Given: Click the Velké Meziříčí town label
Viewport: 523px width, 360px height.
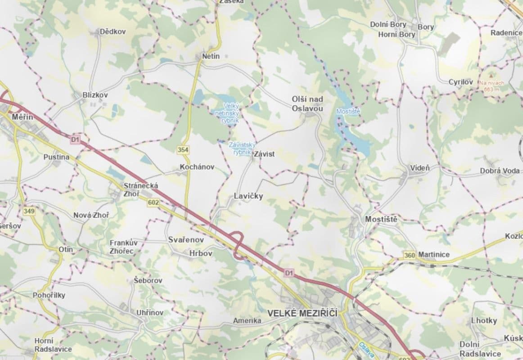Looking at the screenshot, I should click(x=302, y=312).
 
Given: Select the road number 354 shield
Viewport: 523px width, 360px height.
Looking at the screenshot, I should click(x=183, y=149).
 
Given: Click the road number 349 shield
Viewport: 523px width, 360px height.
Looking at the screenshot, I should click(x=29, y=210).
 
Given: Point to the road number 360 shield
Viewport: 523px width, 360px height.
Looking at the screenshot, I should click(x=409, y=255).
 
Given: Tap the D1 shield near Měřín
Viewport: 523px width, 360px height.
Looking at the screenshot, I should click(x=74, y=140).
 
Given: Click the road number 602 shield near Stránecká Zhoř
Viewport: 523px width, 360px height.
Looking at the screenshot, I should click(x=153, y=203).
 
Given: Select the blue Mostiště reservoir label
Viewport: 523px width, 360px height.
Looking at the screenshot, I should click(x=348, y=111).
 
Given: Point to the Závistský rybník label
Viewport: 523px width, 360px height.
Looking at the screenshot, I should click(x=242, y=148).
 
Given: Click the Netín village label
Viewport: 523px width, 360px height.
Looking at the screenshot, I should click(x=211, y=56).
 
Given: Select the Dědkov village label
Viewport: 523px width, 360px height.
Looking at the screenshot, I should click(x=113, y=31).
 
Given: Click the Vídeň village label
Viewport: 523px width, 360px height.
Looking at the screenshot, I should click(x=420, y=168).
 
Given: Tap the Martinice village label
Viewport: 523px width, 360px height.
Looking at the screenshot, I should click(x=434, y=255).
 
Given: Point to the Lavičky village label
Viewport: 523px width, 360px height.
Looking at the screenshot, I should click(x=248, y=196).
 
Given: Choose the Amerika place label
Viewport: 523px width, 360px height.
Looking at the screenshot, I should click(x=247, y=321).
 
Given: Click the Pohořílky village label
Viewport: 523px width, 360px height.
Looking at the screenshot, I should click(x=49, y=295).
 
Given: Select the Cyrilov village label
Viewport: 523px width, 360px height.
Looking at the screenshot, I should click(x=460, y=82).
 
